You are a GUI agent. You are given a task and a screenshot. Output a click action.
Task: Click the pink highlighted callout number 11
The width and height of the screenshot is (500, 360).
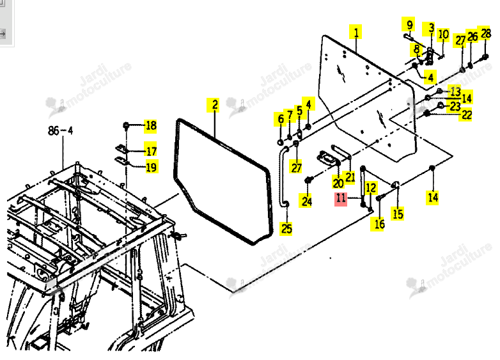[x=341, y=198]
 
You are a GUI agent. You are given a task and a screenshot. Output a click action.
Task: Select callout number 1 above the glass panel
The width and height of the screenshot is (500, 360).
[x=356, y=32]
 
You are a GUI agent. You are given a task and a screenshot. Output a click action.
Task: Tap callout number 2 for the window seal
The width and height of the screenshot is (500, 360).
[x=215, y=105]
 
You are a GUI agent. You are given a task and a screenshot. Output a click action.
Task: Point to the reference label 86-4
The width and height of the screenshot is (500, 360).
[x=61, y=130]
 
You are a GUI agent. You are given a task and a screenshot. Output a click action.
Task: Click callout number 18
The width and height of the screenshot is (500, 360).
[x=150, y=125]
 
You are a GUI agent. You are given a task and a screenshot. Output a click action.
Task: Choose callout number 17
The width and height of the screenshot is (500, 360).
[x=150, y=150]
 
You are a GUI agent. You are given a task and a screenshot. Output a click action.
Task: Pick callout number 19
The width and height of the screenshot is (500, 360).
[x=151, y=167]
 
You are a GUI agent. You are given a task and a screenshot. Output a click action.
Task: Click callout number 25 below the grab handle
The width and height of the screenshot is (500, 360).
[x=286, y=228]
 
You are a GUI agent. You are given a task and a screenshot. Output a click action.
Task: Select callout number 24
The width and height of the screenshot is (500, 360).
[x=306, y=201]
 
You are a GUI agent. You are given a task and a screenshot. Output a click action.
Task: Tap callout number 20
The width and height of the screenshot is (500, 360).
[x=338, y=183]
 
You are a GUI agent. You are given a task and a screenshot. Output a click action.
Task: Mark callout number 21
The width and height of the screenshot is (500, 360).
[x=350, y=176]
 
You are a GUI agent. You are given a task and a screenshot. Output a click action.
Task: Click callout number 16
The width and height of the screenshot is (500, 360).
[x=379, y=224]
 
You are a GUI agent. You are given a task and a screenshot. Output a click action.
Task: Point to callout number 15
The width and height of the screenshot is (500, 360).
[x=398, y=214]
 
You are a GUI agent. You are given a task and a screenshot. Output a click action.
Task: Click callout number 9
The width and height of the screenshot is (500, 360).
[x=409, y=24]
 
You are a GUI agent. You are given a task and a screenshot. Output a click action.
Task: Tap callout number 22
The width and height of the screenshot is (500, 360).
[x=466, y=115]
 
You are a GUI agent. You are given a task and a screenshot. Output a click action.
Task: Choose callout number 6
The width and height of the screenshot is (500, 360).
[x=280, y=120]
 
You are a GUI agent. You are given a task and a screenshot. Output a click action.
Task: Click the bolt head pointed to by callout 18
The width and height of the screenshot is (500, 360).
[x=125, y=125]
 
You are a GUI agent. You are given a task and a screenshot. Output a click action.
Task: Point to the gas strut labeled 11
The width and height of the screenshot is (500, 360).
[x=363, y=185]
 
